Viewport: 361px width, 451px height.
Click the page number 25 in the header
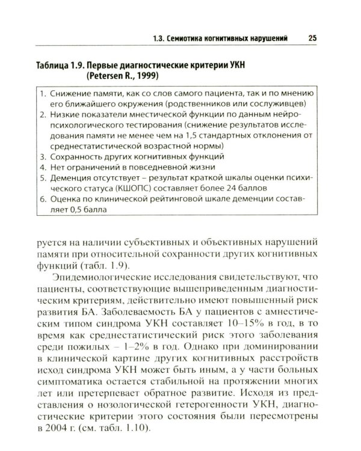[x=312, y=38]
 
